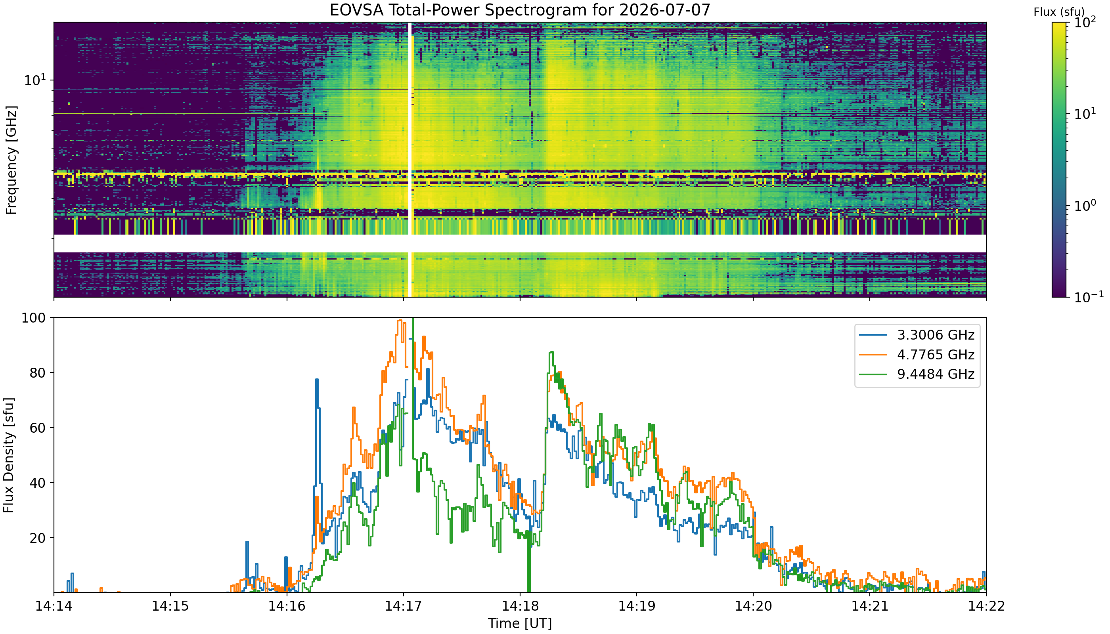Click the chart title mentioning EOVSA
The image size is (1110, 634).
pos(520,10)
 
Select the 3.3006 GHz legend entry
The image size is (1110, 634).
pos(917,335)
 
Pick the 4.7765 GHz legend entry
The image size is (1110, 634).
pos(917,355)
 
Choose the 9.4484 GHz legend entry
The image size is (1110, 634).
pos(917,374)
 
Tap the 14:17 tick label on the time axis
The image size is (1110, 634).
pos(404,606)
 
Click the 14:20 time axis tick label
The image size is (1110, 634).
pos(753,606)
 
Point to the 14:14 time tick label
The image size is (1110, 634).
pos(54,606)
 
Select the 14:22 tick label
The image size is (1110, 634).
pos(986,606)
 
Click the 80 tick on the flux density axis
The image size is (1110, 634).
pos(36,373)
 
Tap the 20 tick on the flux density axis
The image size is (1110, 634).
pos(36,538)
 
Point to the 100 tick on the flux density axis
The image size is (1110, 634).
pos(33,318)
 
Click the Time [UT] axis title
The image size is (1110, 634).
pos(520,624)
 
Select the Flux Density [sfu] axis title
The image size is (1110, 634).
pos(9,455)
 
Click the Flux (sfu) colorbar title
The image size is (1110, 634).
pos(1059,12)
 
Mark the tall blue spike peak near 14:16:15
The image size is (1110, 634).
pos(317,379)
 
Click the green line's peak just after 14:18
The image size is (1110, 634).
pos(551,352)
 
